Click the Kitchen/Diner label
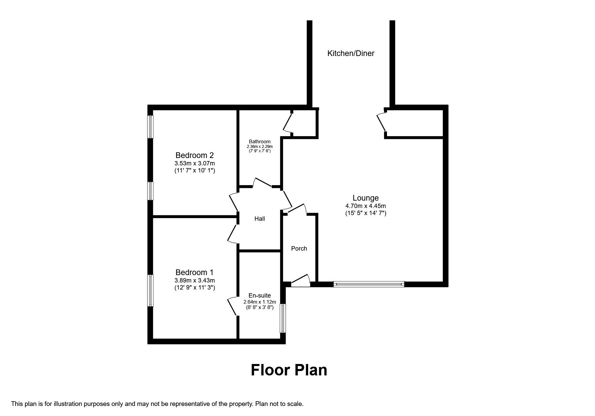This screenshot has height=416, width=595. pyautogui.click(x=351, y=53)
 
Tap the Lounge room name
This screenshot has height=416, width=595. pyautogui.click(x=366, y=198)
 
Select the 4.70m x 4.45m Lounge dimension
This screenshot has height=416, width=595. pyautogui.click(x=366, y=206)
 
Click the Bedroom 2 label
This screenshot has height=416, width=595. pyautogui.click(x=195, y=155)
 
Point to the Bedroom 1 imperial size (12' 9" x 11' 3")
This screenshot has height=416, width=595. pyautogui.click(x=195, y=288)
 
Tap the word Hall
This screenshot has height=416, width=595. pyautogui.click(x=260, y=219)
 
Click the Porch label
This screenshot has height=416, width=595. pyautogui.click(x=299, y=249)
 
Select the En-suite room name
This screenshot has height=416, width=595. pyautogui.click(x=260, y=296)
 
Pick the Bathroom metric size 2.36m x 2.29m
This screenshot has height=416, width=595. pyautogui.click(x=260, y=147)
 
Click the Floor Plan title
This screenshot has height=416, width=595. pyautogui.click(x=289, y=370)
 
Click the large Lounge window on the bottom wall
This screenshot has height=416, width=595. pyautogui.click(x=369, y=284)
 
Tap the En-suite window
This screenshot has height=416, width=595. pyautogui.click(x=283, y=318)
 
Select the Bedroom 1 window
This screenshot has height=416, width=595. pyautogui.click(x=151, y=291)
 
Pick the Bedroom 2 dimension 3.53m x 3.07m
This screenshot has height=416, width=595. pyautogui.click(x=195, y=163)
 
